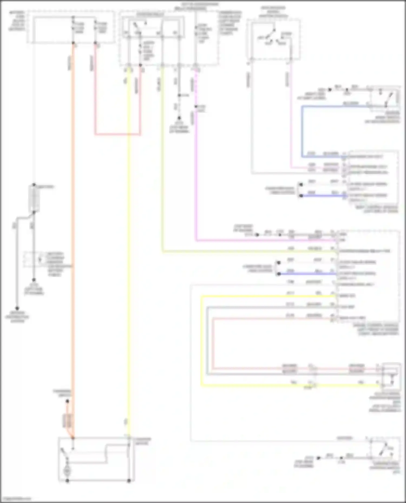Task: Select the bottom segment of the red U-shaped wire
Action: coord(117,134)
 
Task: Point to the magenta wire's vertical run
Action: coord(196,176)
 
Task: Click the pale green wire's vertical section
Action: coord(162,162)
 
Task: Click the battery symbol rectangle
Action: coord(34,199)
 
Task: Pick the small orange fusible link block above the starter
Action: coord(67,421)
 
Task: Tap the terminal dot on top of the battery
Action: coord(34,185)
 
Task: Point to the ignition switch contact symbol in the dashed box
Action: coord(272,36)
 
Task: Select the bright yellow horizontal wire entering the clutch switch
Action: coord(271,385)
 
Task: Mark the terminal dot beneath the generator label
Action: coord(67,402)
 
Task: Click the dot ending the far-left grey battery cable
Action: coord(17,308)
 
